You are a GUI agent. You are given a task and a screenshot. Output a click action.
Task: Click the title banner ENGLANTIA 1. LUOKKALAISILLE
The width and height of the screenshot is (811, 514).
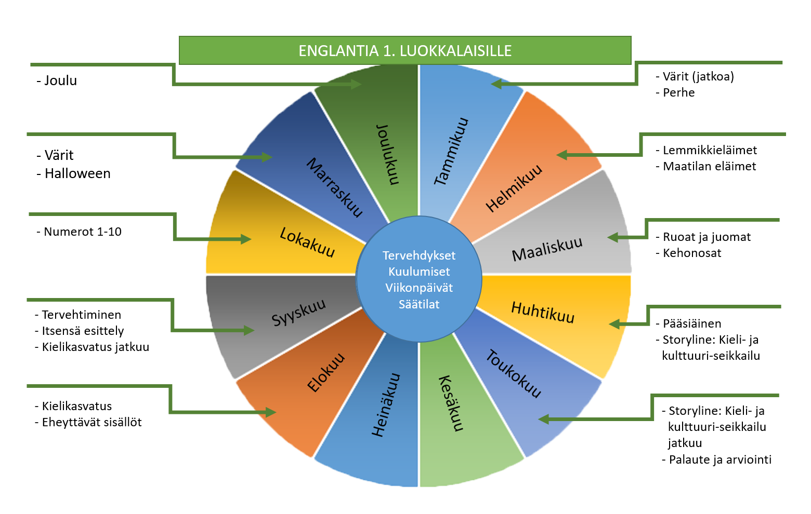tap(405, 50)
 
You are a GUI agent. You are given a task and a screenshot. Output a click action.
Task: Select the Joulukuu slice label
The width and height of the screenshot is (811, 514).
tap(388, 154)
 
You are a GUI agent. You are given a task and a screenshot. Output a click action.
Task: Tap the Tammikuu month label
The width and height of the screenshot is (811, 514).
tap(451, 152)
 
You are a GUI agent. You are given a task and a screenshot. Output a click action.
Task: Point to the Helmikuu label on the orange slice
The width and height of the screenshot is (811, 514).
tap(514, 188)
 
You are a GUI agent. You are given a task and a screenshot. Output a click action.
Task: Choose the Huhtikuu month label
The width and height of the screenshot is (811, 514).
tap(543, 312)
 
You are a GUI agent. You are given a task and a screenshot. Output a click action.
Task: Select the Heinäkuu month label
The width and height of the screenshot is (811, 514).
tap(386, 405)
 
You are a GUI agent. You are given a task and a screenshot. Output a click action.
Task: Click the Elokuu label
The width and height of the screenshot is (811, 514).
tap(326, 373)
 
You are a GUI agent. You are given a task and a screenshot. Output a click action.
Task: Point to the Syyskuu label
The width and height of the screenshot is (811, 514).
tap(298, 312)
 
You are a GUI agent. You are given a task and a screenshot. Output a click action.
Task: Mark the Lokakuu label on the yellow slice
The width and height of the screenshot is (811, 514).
tap(307, 242)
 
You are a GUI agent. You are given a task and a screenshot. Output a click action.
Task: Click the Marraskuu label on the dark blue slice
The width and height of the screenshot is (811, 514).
tap(334, 187)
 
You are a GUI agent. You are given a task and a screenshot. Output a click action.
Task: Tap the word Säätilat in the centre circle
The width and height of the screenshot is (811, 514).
tap(419, 304)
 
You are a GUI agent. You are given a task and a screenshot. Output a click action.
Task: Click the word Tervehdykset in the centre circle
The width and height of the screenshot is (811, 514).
tap(419, 255)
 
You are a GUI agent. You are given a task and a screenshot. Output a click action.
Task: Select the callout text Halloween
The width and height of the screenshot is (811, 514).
tap(77, 173)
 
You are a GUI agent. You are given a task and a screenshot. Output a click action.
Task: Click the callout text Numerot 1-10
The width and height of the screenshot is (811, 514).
tap(83, 232)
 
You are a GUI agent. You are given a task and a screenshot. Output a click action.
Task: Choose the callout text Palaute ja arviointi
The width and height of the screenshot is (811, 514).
tap(720, 459)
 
